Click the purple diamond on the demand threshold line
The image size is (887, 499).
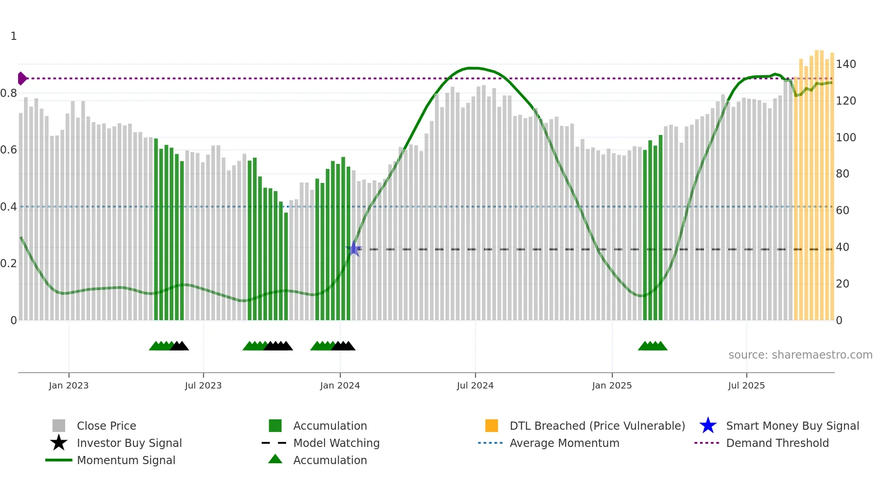[x=22, y=78]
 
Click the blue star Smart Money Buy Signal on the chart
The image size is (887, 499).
[x=354, y=249]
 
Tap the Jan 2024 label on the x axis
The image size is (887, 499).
[x=340, y=385]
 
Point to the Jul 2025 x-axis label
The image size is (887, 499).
[x=746, y=385]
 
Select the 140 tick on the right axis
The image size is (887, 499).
[x=845, y=64]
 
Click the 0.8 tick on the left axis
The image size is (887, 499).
[x=9, y=93]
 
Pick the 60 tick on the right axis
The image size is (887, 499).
[x=842, y=211]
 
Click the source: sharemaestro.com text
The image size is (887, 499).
[x=800, y=355]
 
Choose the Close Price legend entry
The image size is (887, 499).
[x=106, y=426]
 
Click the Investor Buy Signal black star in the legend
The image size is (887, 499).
[x=59, y=443]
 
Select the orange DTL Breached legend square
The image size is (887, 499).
[x=491, y=426]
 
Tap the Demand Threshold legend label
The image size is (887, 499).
[x=777, y=443]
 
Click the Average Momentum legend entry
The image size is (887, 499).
[x=564, y=443]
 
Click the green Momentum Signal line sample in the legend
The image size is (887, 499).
[x=59, y=460]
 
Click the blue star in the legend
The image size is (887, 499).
[x=708, y=426]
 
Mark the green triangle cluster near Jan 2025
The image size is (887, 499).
[x=653, y=346]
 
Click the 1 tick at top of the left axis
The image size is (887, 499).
[x=14, y=36]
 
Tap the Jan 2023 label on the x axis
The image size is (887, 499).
[x=69, y=385]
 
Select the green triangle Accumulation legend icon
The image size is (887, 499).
[x=275, y=460]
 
